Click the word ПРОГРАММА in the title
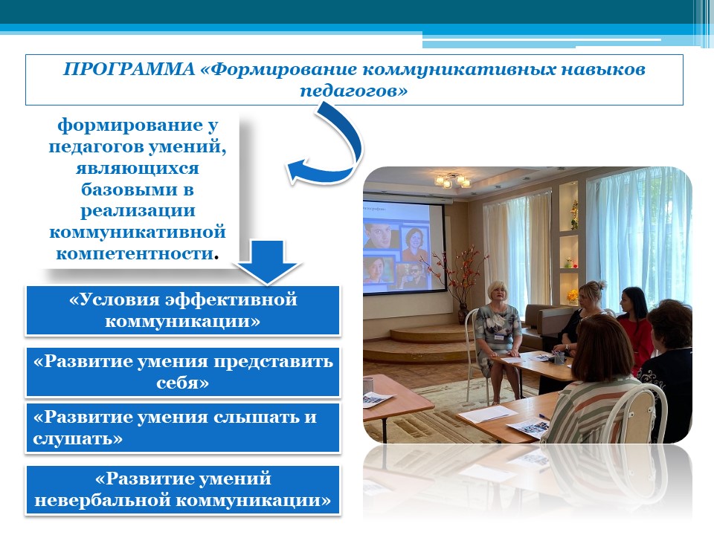pos(129,69)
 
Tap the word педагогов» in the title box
pos(354,91)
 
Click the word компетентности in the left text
pos(135,253)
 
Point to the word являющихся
pos(138,168)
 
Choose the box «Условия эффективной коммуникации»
pos(183,311)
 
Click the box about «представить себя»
pos(183,372)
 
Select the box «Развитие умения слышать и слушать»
pos(183,428)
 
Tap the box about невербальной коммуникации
pos(183,490)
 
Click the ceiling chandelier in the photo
pos(453,181)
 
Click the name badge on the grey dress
pos(500,337)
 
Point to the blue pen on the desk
pos(544,416)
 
